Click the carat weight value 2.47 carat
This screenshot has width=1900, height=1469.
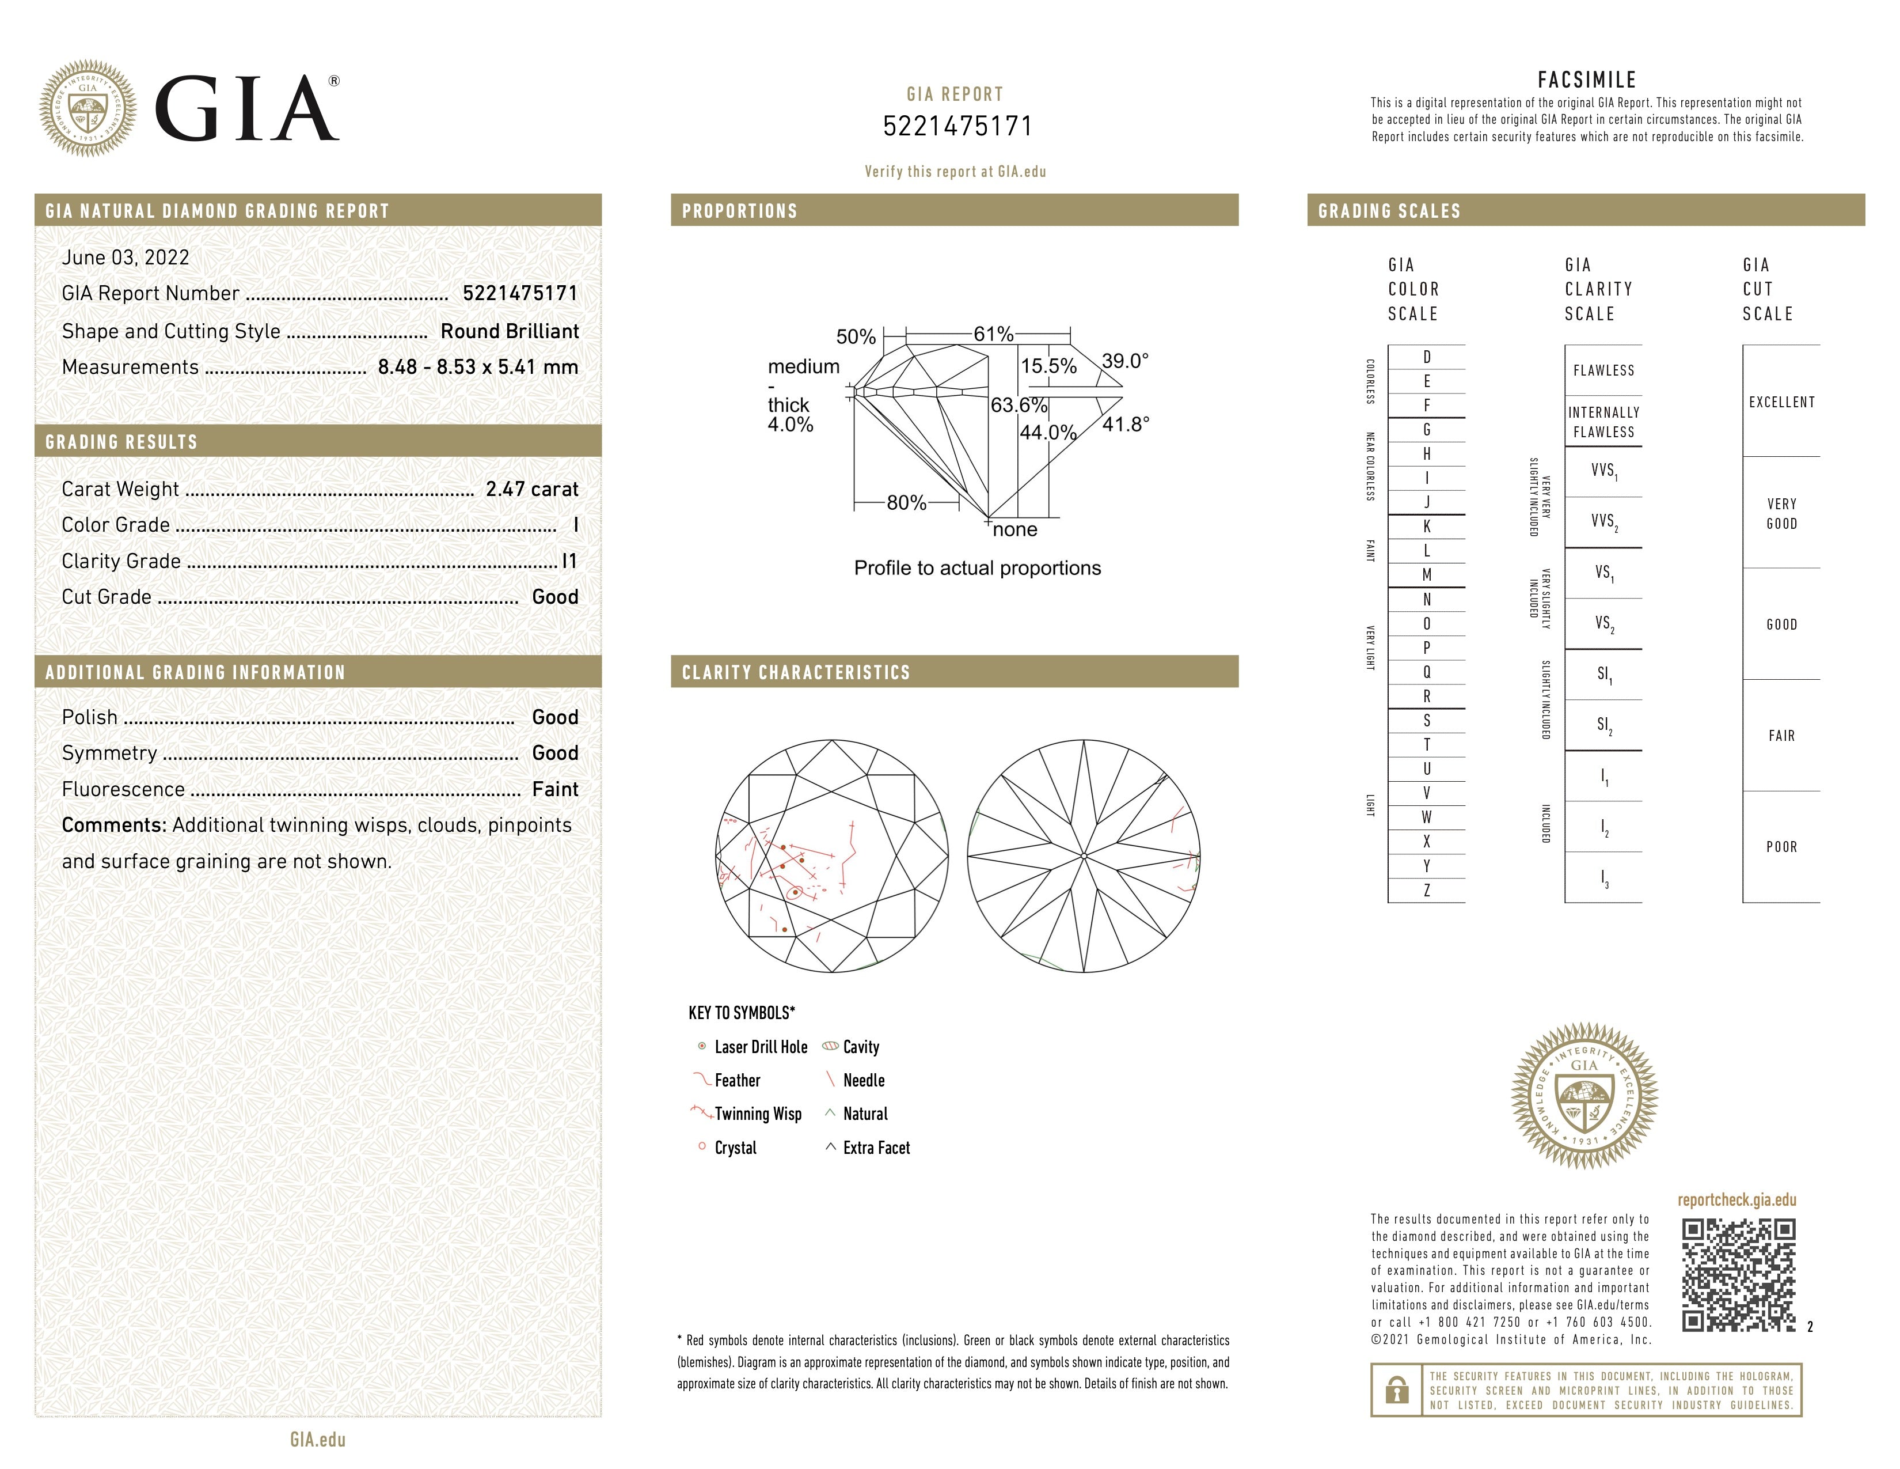click(531, 489)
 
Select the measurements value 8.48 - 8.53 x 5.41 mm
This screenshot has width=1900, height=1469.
click(478, 368)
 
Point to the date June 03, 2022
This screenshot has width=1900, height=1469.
click(126, 258)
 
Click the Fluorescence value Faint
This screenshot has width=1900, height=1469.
click(555, 789)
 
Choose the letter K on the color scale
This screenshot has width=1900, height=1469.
click(1427, 527)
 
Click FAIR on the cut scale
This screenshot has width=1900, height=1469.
click(1781, 736)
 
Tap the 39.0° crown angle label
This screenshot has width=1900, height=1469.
click(1125, 360)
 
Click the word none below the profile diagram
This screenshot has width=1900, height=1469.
click(1014, 530)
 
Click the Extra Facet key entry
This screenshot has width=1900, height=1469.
click(875, 1148)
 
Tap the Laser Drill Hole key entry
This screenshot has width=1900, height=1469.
click(761, 1047)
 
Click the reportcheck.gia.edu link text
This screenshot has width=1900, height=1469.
click(1736, 1200)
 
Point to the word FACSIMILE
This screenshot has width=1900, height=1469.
click(1587, 80)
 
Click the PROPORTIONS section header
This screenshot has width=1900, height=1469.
click(739, 211)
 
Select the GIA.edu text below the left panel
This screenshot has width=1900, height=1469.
click(318, 1440)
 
